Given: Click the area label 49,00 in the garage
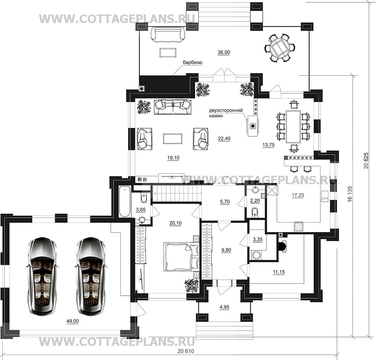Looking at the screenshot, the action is point(73,321).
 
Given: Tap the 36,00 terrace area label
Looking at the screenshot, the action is point(224,52).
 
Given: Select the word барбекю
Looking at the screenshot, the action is point(192,62).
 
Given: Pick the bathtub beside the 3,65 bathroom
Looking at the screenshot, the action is point(124,201).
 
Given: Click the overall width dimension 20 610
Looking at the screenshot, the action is point(186,351).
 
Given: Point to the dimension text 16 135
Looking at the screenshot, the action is point(350,193).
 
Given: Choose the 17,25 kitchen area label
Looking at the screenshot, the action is point(298,195).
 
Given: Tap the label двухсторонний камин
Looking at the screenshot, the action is point(226,113).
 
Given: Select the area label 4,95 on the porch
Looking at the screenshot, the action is point(224,307).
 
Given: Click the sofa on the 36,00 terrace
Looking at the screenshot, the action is point(168,35).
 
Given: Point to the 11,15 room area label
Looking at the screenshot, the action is point(279,272).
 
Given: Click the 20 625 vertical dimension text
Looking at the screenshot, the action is point(366,160).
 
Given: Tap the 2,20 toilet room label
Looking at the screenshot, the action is point(255,201).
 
